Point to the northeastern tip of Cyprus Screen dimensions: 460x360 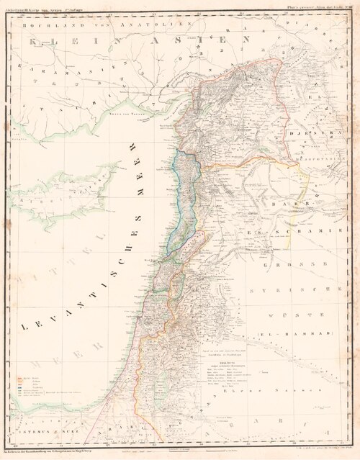(117, 167)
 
